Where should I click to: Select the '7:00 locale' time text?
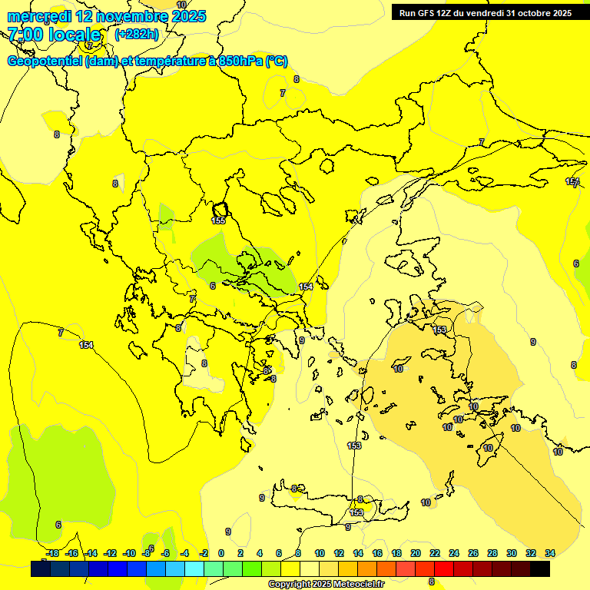[x=54, y=35]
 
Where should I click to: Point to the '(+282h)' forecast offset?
[x=137, y=35]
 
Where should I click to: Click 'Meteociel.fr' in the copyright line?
[x=356, y=585]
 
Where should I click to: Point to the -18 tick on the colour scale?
[x=51, y=553]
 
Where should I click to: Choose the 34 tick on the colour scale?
[x=550, y=553]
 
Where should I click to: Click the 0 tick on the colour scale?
[x=221, y=553]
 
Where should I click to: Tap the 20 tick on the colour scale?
[x=416, y=553]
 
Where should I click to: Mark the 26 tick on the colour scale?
[x=473, y=553]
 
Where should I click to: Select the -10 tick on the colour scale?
[x=128, y=553]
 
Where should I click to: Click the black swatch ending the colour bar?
[x=540, y=569]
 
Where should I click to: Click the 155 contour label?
[x=218, y=220]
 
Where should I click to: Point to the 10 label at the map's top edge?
[x=181, y=5]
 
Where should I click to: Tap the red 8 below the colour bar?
[x=431, y=582]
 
